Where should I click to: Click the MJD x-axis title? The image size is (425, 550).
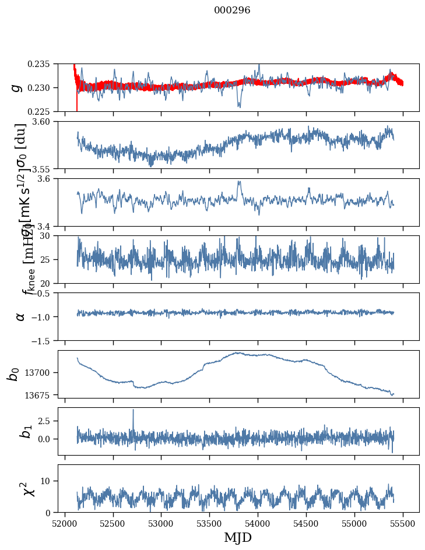click(238, 538)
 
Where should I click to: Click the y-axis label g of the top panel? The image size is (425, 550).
click(17, 87)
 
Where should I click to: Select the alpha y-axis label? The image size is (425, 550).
click(20, 316)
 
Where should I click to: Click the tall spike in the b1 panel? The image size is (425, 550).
click(133, 410)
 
